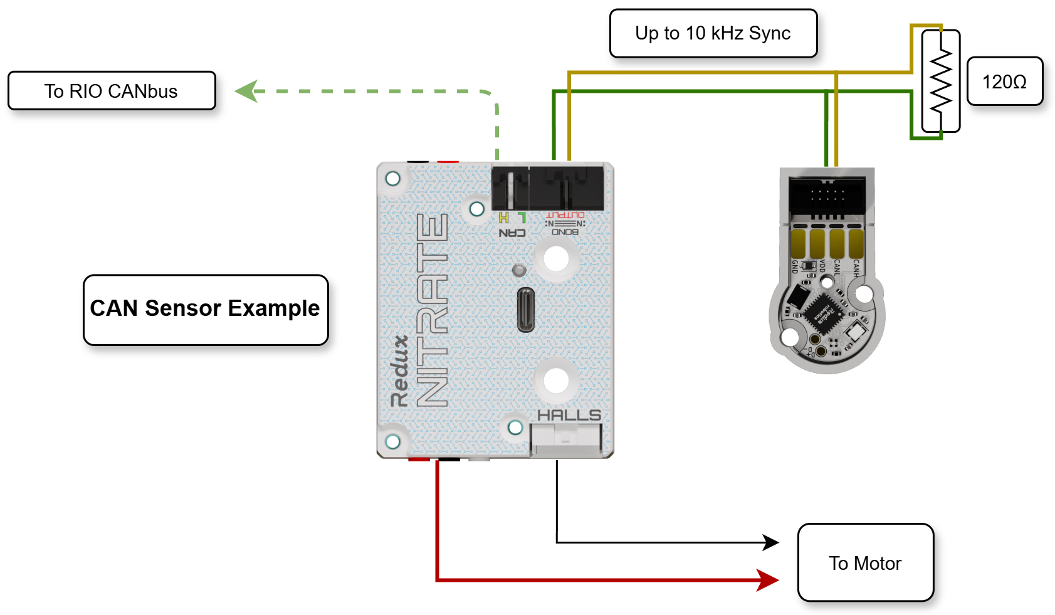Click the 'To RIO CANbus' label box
tap(112, 91)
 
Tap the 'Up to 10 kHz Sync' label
tap(713, 33)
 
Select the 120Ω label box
tap(1004, 81)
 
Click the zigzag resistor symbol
tap(940, 81)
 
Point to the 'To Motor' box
tap(865, 562)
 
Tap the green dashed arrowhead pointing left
tap(246, 92)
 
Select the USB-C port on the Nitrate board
tap(525, 310)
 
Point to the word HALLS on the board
tap(569, 415)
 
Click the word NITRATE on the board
tap(433, 310)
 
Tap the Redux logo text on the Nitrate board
tap(399, 371)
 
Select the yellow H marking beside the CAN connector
tap(503, 218)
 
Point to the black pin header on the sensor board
tap(827, 194)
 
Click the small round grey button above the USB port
tap(519, 270)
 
